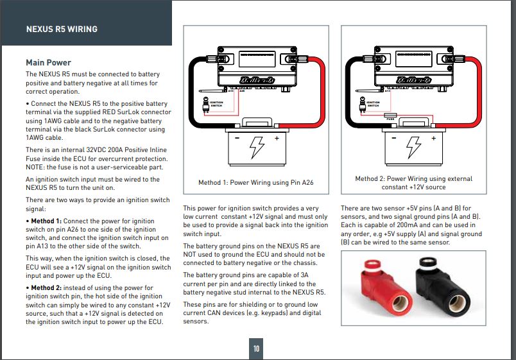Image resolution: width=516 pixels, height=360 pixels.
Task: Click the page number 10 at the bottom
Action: pyautogui.click(x=256, y=348)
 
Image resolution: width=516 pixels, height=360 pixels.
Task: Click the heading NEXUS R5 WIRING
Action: pyautogui.click(x=62, y=29)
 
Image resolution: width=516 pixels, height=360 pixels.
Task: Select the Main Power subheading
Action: pyautogui.click(x=48, y=62)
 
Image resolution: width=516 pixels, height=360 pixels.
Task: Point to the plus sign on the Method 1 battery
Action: pyautogui.click(x=277, y=138)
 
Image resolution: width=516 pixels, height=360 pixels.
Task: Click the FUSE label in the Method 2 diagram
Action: pyautogui.click(x=390, y=118)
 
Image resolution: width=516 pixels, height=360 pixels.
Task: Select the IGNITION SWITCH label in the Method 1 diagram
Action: pyautogui.click(x=215, y=103)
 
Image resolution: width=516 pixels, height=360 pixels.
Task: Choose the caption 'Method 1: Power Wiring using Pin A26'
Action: pyautogui.click(x=255, y=183)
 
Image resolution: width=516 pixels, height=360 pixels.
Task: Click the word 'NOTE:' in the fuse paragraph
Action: pyautogui.click(x=37, y=166)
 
